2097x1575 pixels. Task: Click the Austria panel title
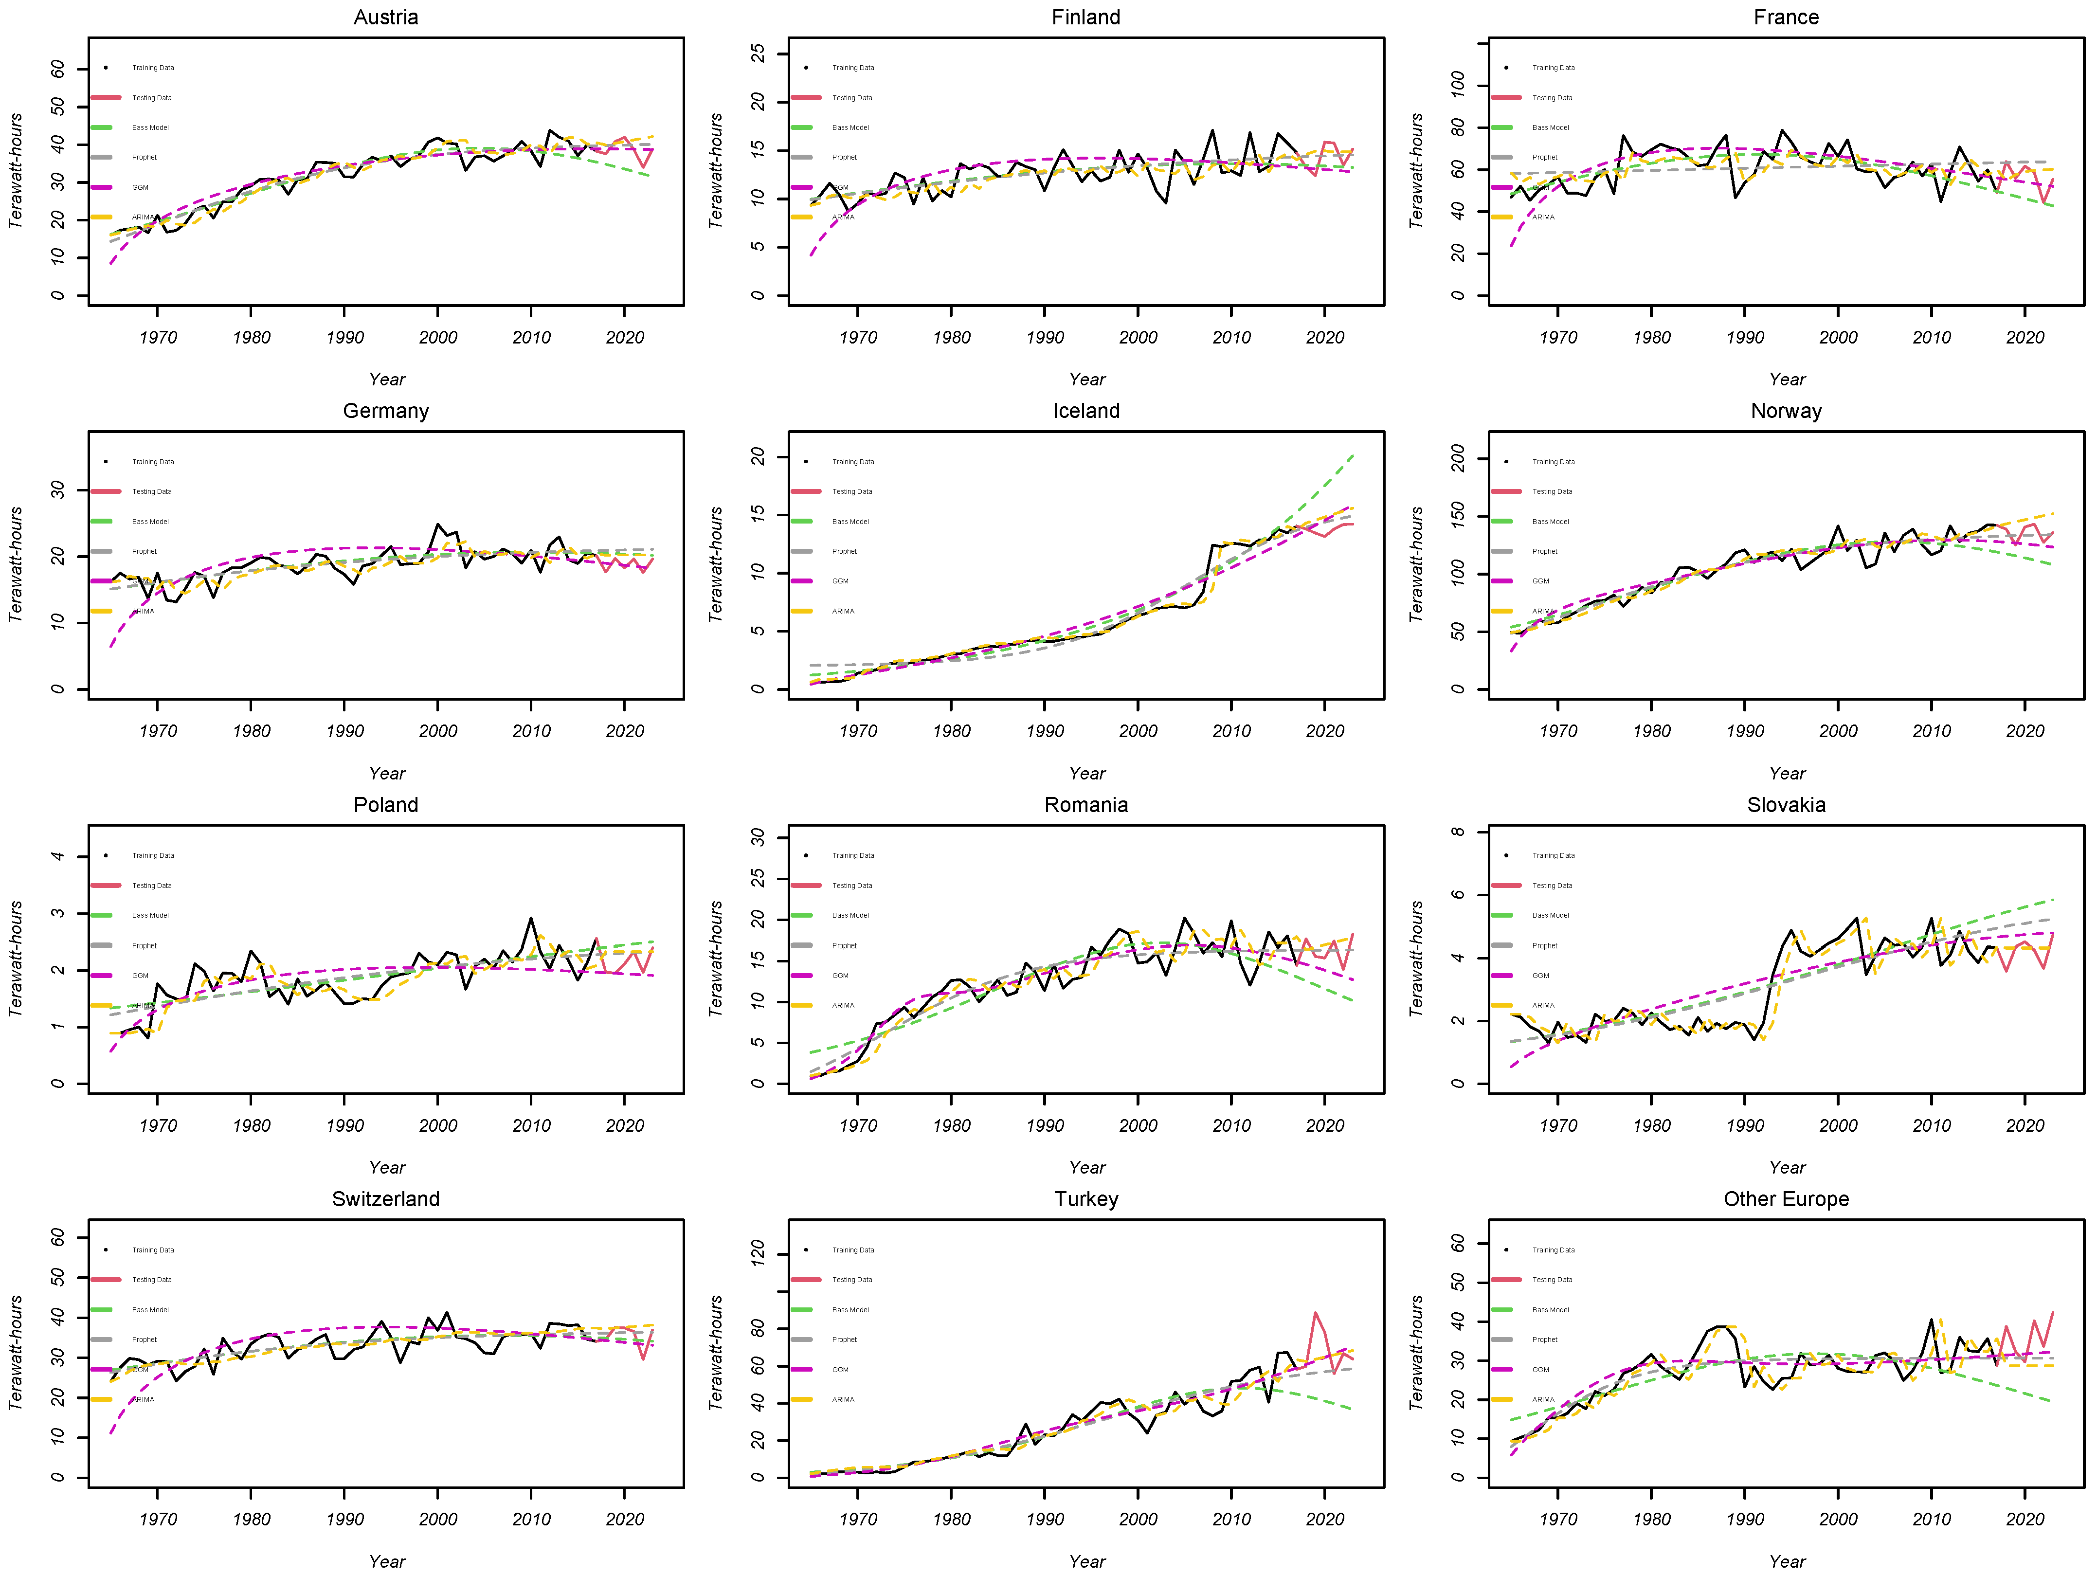386,17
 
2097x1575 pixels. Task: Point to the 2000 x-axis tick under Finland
1138,338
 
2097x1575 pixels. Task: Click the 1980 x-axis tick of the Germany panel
251,731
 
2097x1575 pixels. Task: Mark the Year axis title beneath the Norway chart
1787,774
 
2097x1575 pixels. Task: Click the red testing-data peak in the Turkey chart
1315,1313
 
